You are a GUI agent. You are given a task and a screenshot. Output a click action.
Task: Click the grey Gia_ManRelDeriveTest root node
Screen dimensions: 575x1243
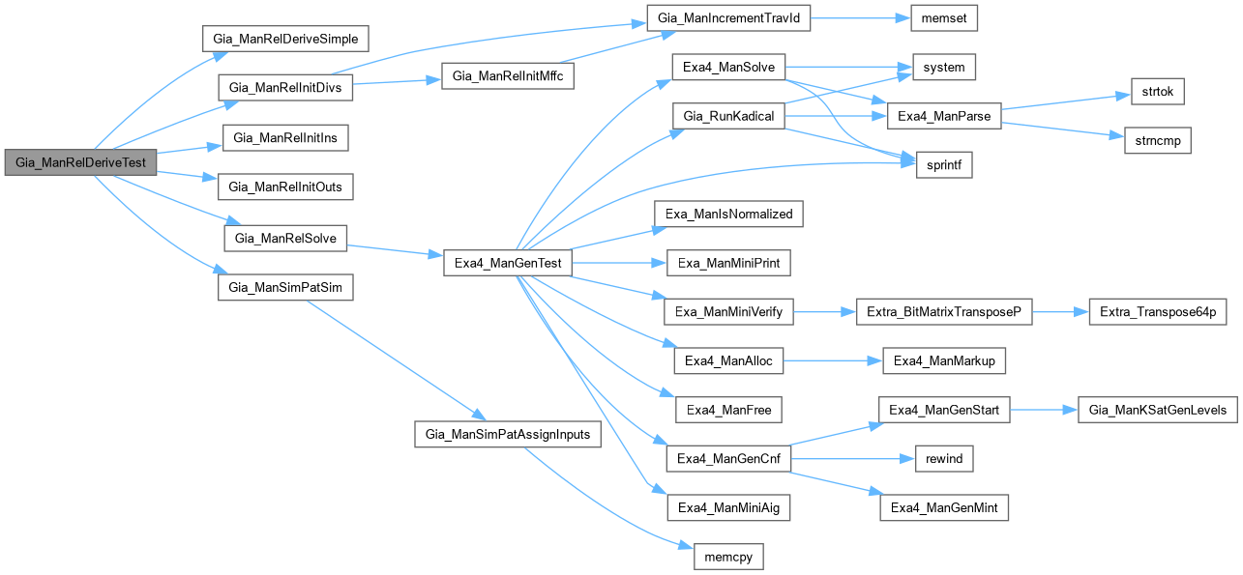tap(80, 162)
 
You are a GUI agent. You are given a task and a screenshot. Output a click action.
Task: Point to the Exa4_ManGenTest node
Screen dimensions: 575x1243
tap(508, 263)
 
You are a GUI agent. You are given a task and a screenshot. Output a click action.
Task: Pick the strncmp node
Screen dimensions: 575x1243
tap(1157, 140)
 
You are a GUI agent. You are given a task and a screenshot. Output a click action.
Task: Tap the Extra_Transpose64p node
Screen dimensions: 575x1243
tap(1158, 311)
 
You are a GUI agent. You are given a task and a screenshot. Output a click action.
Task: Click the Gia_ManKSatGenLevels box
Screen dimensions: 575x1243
tap(1157, 411)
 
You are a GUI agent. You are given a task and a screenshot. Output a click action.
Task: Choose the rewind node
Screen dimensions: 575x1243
tap(943, 458)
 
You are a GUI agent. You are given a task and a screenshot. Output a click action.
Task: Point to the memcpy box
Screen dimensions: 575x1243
tap(729, 556)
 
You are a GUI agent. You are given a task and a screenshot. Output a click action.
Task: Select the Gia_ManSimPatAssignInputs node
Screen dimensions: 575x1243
tap(508, 434)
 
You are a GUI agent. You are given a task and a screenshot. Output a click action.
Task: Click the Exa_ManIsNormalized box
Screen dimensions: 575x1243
tap(728, 214)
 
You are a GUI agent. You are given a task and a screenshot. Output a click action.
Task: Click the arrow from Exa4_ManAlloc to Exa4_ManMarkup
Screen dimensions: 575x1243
tap(831, 360)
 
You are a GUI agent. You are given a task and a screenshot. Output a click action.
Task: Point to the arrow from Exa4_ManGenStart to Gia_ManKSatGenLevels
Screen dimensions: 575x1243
tap(1044, 411)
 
